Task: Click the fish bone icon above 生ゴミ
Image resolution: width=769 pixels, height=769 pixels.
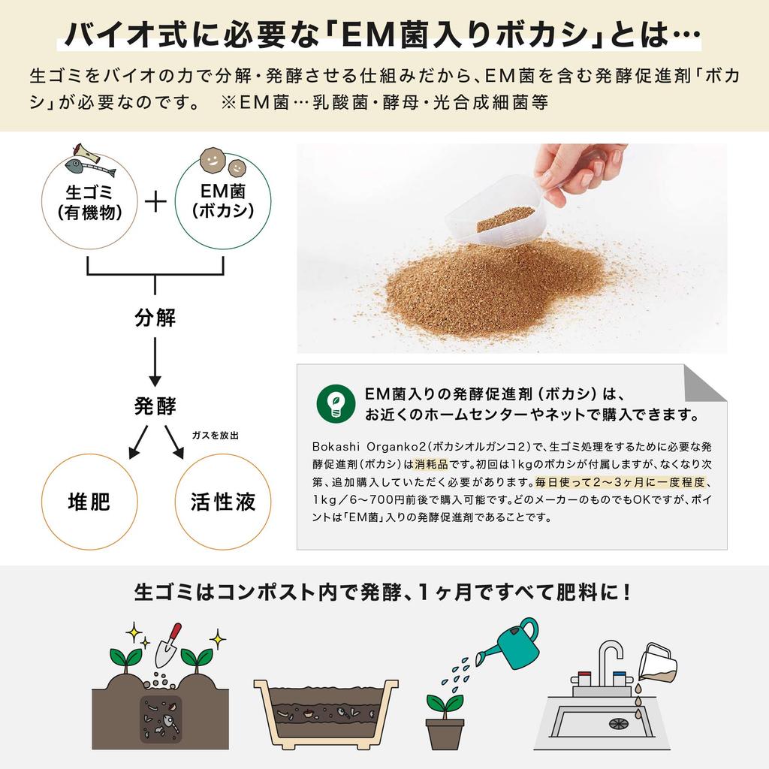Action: [x=89, y=156]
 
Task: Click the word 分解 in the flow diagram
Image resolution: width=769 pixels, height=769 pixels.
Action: [x=155, y=318]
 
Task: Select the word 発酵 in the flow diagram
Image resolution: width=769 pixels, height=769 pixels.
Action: [x=155, y=406]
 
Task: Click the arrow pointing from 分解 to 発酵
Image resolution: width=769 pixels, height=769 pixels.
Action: [x=155, y=360]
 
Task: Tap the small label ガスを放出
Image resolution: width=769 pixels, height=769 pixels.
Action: [x=216, y=436]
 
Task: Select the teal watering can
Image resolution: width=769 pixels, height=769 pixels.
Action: [x=513, y=644]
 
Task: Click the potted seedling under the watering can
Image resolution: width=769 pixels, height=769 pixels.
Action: [x=445, y=721]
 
